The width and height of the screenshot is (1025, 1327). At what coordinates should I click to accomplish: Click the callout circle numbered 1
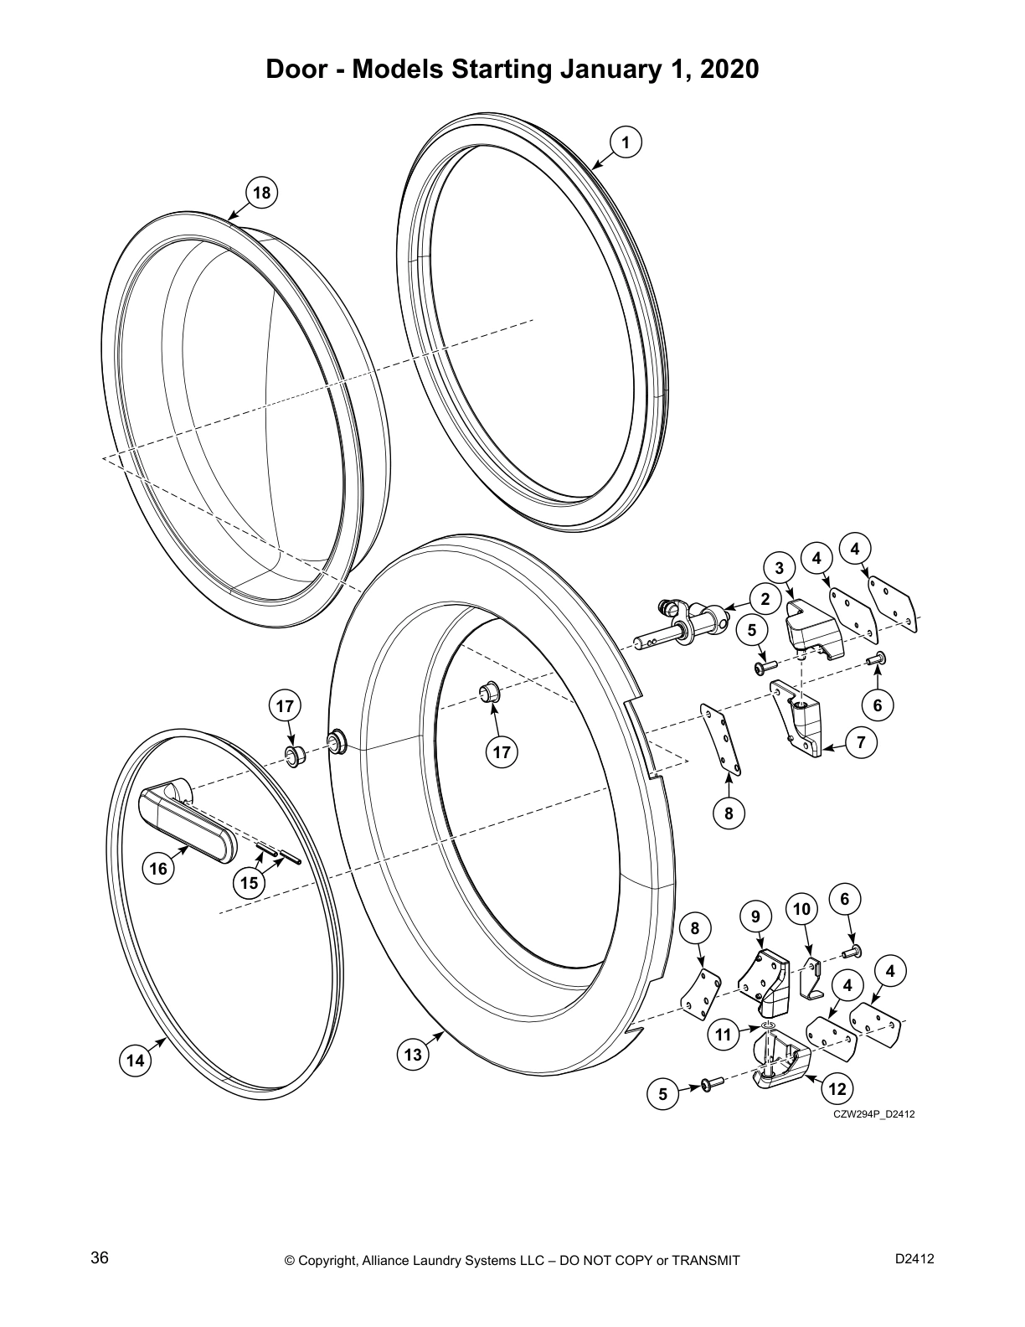click(626, 142)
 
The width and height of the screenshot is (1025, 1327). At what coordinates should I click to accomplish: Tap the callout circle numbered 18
click(261, 194)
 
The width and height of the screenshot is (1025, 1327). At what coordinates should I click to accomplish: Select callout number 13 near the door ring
click(413, 1055)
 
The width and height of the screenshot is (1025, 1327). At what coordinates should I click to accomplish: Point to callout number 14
click(134, 1061)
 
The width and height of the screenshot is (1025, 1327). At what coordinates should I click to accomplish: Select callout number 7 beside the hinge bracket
click(862, 741)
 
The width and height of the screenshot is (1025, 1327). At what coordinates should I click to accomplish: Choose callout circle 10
click(801, 909)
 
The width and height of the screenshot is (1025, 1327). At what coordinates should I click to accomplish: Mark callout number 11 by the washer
click(724, 1035)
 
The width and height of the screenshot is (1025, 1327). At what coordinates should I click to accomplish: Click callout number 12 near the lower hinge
click(837, 1089)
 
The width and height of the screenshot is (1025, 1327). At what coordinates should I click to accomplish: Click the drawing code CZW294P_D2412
click(873, 1114)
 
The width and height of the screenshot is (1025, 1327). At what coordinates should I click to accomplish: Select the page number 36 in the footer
click(100, 1258)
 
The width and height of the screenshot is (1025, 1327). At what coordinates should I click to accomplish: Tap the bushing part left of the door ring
click(295, 756)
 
